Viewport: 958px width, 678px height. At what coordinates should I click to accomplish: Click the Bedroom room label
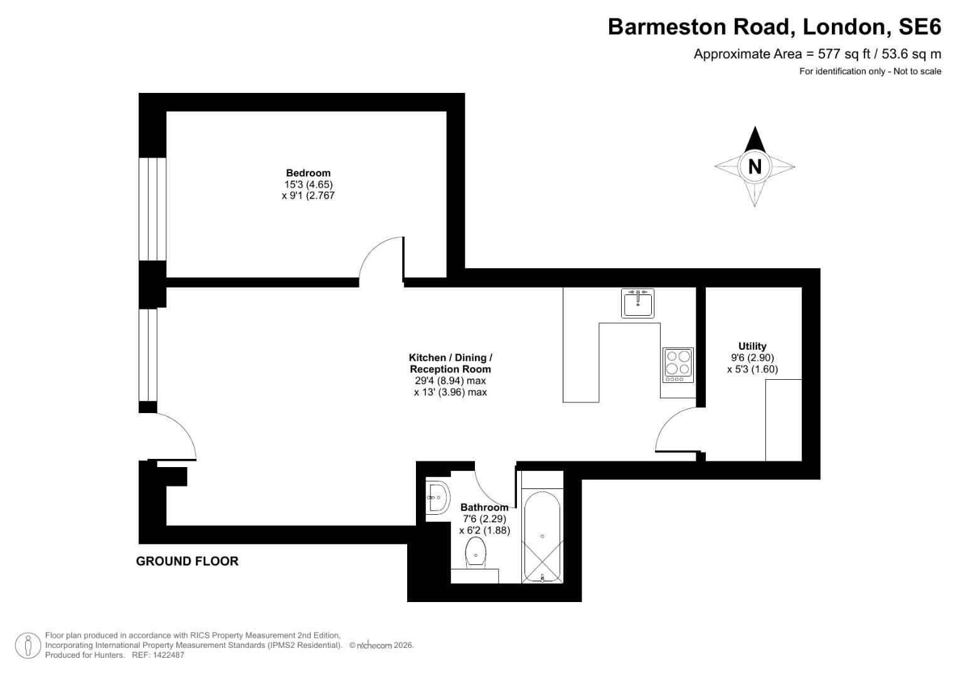tap(307, 173)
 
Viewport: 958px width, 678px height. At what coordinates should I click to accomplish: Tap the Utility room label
tap(752, 347)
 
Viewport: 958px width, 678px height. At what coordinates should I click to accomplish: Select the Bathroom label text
tap(484, 507)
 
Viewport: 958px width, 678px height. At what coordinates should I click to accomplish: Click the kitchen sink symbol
tap(637, 303)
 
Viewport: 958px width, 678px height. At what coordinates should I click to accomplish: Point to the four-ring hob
tap(678, 365)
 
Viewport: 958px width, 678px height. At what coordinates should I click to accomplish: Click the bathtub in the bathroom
tap(542, 537)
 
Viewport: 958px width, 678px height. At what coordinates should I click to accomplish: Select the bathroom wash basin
tap(437, 498)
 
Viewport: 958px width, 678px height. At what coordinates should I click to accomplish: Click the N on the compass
tap(755, 167)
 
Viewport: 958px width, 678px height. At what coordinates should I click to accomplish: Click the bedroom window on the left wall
tap(152, 208)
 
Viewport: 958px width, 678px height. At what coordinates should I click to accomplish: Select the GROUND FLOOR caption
tap(187, 561)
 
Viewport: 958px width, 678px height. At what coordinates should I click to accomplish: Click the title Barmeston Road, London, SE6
tap(774, 27)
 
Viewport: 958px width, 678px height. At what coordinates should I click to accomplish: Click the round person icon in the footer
tap(28, 645)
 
